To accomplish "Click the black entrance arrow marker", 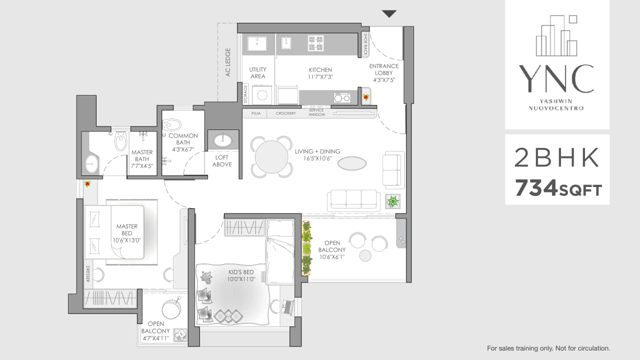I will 389,14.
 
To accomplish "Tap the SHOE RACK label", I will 365,44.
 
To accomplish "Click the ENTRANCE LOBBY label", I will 384,72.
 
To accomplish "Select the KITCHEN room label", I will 320,73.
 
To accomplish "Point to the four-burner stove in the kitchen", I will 315,43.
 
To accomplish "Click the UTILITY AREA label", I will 258,73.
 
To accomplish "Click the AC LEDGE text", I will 228,62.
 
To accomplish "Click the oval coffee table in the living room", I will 351,163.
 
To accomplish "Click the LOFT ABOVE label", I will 222,160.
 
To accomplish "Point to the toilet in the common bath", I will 172,124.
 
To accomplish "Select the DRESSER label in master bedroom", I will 87,273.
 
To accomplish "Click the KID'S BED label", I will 241,275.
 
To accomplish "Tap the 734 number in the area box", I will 536,188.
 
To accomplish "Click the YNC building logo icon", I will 556,35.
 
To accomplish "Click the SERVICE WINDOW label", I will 316,113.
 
